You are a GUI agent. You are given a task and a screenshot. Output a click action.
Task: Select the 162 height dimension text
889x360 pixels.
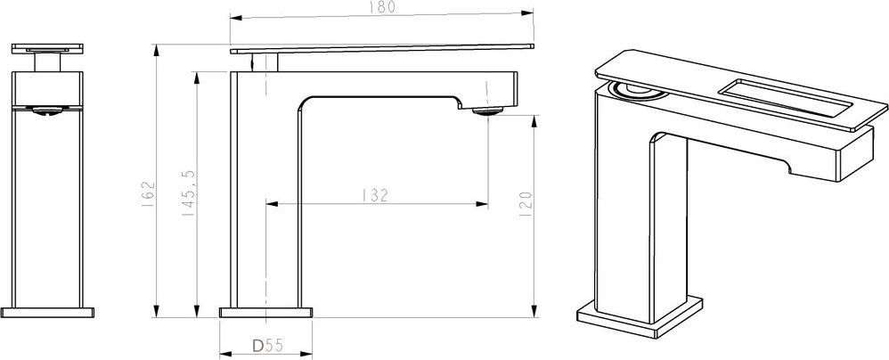pyautogui.click(x=147, y=193)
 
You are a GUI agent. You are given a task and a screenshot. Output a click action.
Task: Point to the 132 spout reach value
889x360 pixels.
pyautogui.click(x=374, y=195)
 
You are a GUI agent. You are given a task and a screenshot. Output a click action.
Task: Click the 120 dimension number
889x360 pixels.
pyautogui.click(x=525, y=204)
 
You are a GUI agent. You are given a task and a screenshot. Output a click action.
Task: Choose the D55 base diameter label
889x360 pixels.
pyautogui.click(x=267, y=345)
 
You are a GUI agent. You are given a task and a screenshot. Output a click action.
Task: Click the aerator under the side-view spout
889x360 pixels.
pyautogui.click(x=487, y=111)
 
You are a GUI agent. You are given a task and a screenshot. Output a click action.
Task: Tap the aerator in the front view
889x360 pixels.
pyautogui.click(x=47, y=111)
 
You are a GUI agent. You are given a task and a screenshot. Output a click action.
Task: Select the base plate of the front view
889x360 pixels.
pyautogui.click(x=47, y=313)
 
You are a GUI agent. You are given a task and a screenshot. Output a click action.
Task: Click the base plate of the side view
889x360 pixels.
pyautogui.click(x=266, y=313)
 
